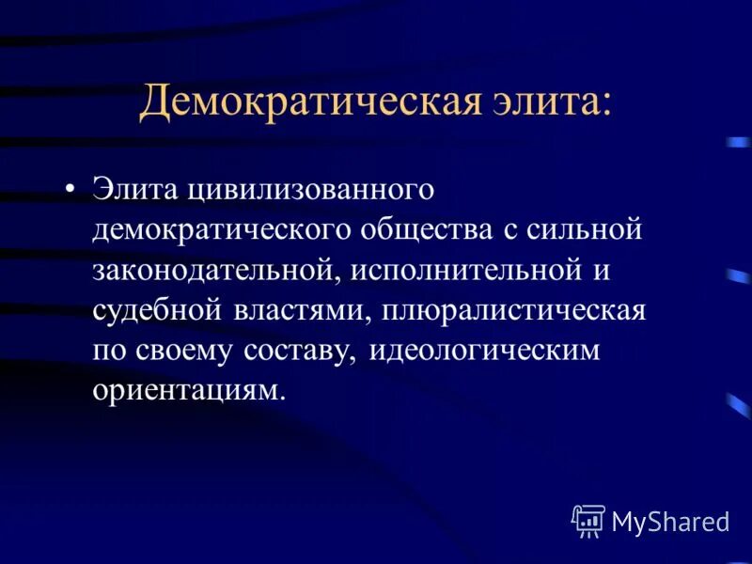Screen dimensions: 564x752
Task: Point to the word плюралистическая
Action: click(513, 310)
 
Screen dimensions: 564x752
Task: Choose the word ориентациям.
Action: click(188, 390)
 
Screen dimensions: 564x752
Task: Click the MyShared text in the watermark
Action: click(671, 522)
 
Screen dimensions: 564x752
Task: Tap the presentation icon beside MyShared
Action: click(588, 520)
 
